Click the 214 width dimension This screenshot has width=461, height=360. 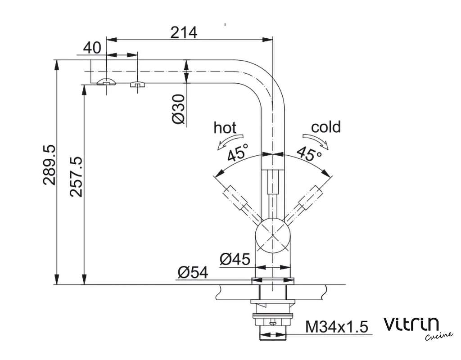184,32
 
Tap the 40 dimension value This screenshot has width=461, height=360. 92,48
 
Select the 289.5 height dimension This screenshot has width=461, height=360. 50,165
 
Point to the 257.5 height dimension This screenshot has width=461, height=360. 76,177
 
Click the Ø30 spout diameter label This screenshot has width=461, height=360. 178,109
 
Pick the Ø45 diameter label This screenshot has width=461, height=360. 235,259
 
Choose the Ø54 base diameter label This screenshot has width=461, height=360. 193,273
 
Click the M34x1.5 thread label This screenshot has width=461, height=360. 337,327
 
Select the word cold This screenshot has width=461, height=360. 326,127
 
